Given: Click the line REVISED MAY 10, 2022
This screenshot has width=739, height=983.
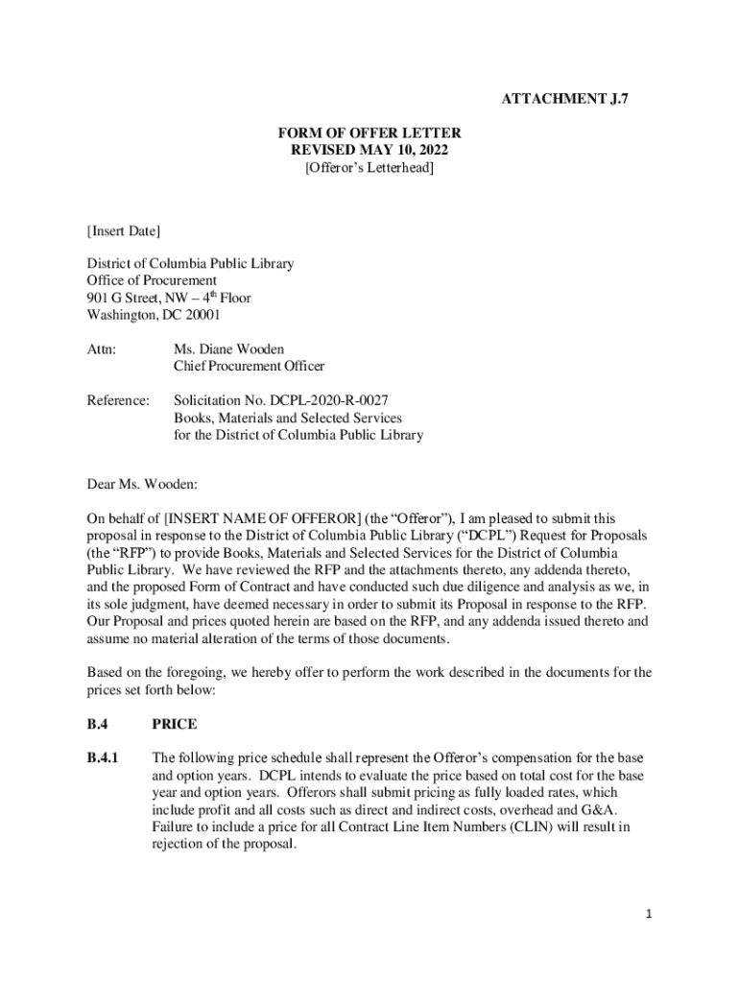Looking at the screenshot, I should [369, 151].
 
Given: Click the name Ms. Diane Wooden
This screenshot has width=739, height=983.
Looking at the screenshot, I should [229, 348].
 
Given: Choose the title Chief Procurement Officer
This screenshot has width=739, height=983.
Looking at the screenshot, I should [249, 366].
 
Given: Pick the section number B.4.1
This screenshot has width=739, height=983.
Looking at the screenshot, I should [103, 757].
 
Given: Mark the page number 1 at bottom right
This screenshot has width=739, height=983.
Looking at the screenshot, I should [649, 914].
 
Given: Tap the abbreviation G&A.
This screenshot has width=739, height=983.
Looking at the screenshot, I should [600, 809].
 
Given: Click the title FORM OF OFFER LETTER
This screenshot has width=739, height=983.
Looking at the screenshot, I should [369, 133].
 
